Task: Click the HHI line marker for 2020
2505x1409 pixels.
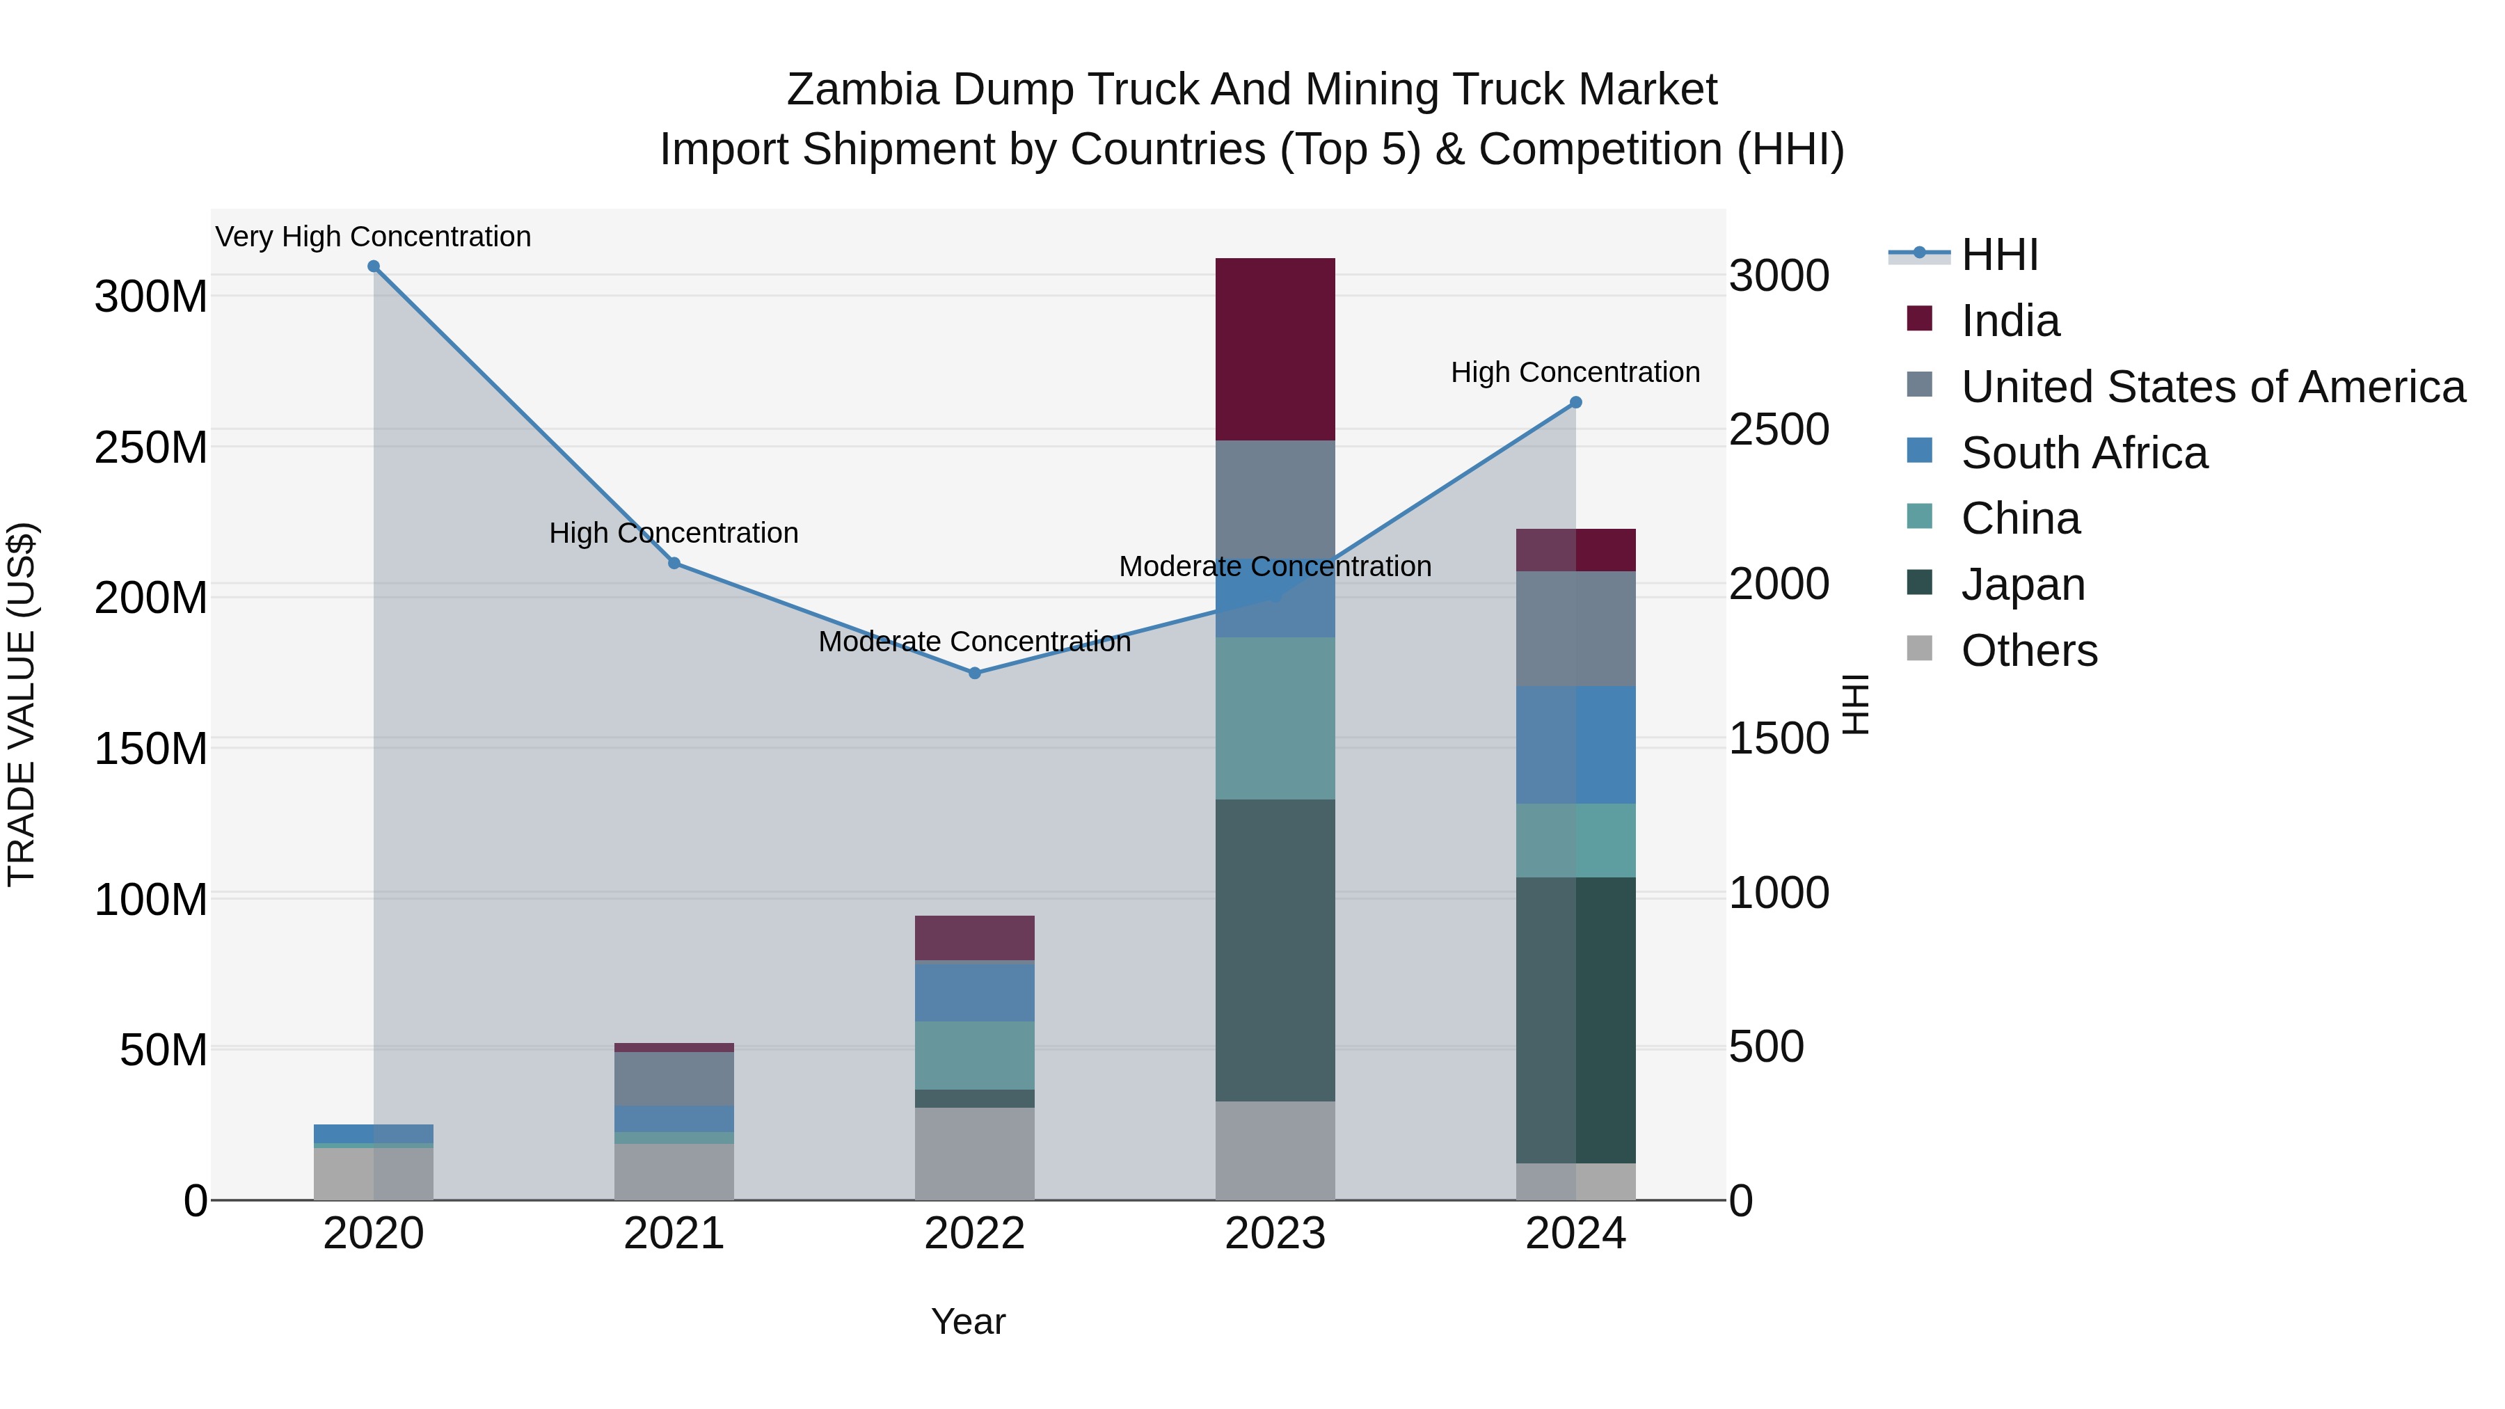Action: (374, 266)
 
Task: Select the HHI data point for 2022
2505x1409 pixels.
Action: (974, 673)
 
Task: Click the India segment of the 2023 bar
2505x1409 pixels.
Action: (1275, 349)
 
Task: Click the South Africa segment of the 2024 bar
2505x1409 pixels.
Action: (1575, 745)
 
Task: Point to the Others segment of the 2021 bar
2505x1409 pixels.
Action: (674, 1172)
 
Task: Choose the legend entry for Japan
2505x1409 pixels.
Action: (2023, 585)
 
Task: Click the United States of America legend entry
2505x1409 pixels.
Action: (2212, 387)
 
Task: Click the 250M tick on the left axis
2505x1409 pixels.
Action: (151, 448)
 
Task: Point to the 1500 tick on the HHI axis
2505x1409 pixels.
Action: (1779, 739)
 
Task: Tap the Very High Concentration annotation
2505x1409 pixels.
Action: (374, 237)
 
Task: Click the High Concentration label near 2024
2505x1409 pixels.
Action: (1575, 372)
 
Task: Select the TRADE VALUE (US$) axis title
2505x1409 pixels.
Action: (22, 704)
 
